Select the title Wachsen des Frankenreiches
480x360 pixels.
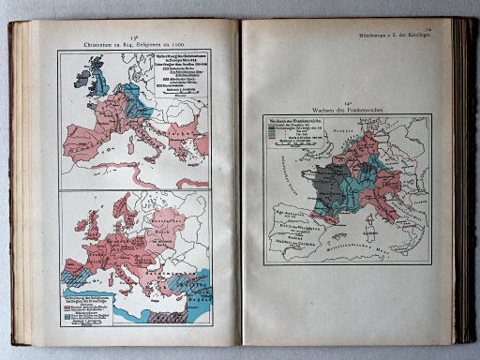point(346,109)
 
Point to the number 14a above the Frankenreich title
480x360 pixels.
point(346,99)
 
